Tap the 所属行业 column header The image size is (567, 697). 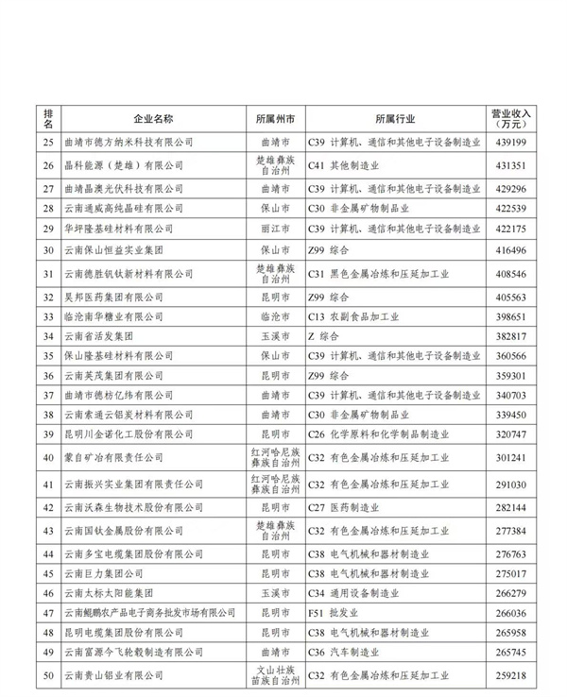(x=394, y=120)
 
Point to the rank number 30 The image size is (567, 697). (x=48, y=251)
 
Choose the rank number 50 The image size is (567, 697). (x=48, y=675)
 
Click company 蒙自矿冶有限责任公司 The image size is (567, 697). (x=117, y=459)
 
